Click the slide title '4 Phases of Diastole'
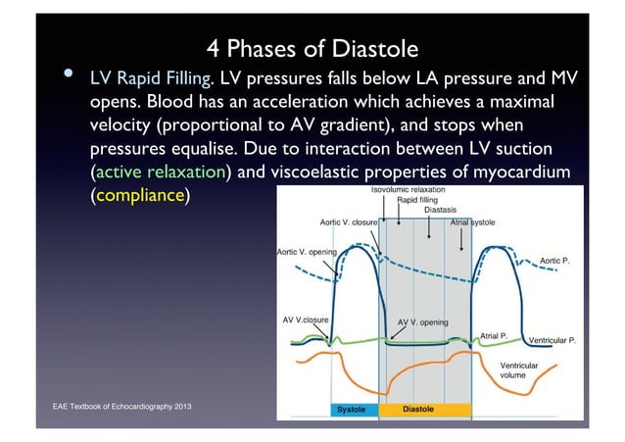pos(312,47)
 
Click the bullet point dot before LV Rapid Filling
pos(70,74)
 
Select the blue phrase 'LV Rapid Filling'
pos(152,77)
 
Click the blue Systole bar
pos(353,411)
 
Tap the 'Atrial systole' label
pos(472,222)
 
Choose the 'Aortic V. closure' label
pos(349,222)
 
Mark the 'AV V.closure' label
pos(305,319)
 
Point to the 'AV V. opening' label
pos(423,321)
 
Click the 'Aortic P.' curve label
pos(554,261)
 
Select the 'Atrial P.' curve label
pos(493,335)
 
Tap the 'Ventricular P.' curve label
pos(552,341)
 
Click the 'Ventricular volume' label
pos(518,369)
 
